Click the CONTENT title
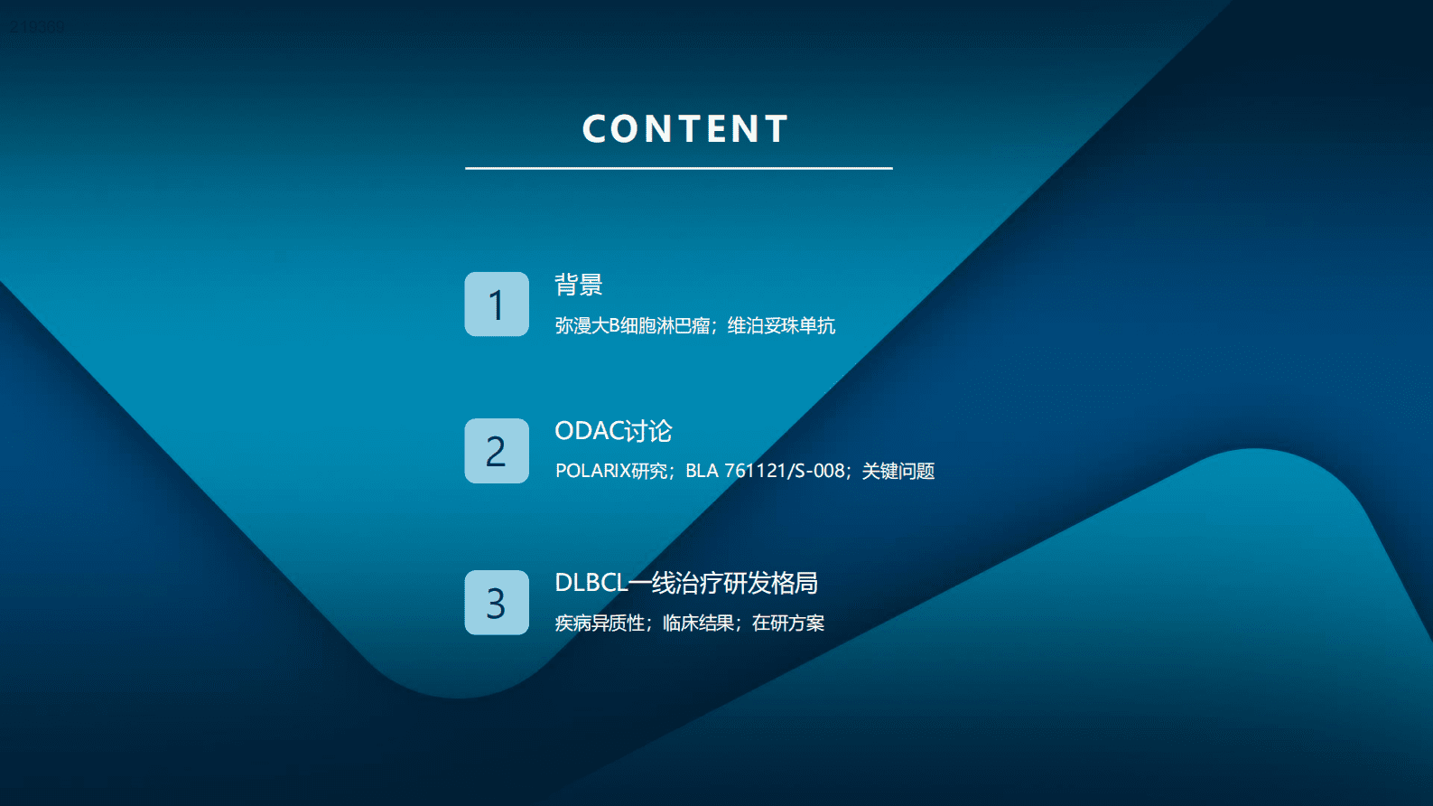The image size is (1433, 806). [685, 129]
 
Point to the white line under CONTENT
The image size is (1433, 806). [678, 168]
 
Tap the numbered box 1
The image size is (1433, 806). [497, 305]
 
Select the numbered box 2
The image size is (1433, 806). [497, 451]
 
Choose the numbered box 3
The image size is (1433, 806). [497, 603]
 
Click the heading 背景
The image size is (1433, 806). [578, 286]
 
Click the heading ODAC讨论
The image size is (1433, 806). [613, 431]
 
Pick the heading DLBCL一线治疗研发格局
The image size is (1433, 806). [685, 583]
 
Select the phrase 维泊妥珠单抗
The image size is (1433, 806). [781, 325]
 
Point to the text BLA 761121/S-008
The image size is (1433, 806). [765, 471]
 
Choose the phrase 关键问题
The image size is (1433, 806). [898, 471]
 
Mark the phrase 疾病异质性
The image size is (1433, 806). [600, 623]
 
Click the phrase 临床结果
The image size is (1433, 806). [698, 623]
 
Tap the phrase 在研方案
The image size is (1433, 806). [787, 623]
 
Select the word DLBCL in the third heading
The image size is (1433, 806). [591, 583]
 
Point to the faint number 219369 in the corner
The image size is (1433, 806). [37, 27]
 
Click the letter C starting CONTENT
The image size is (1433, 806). [594, 129]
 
